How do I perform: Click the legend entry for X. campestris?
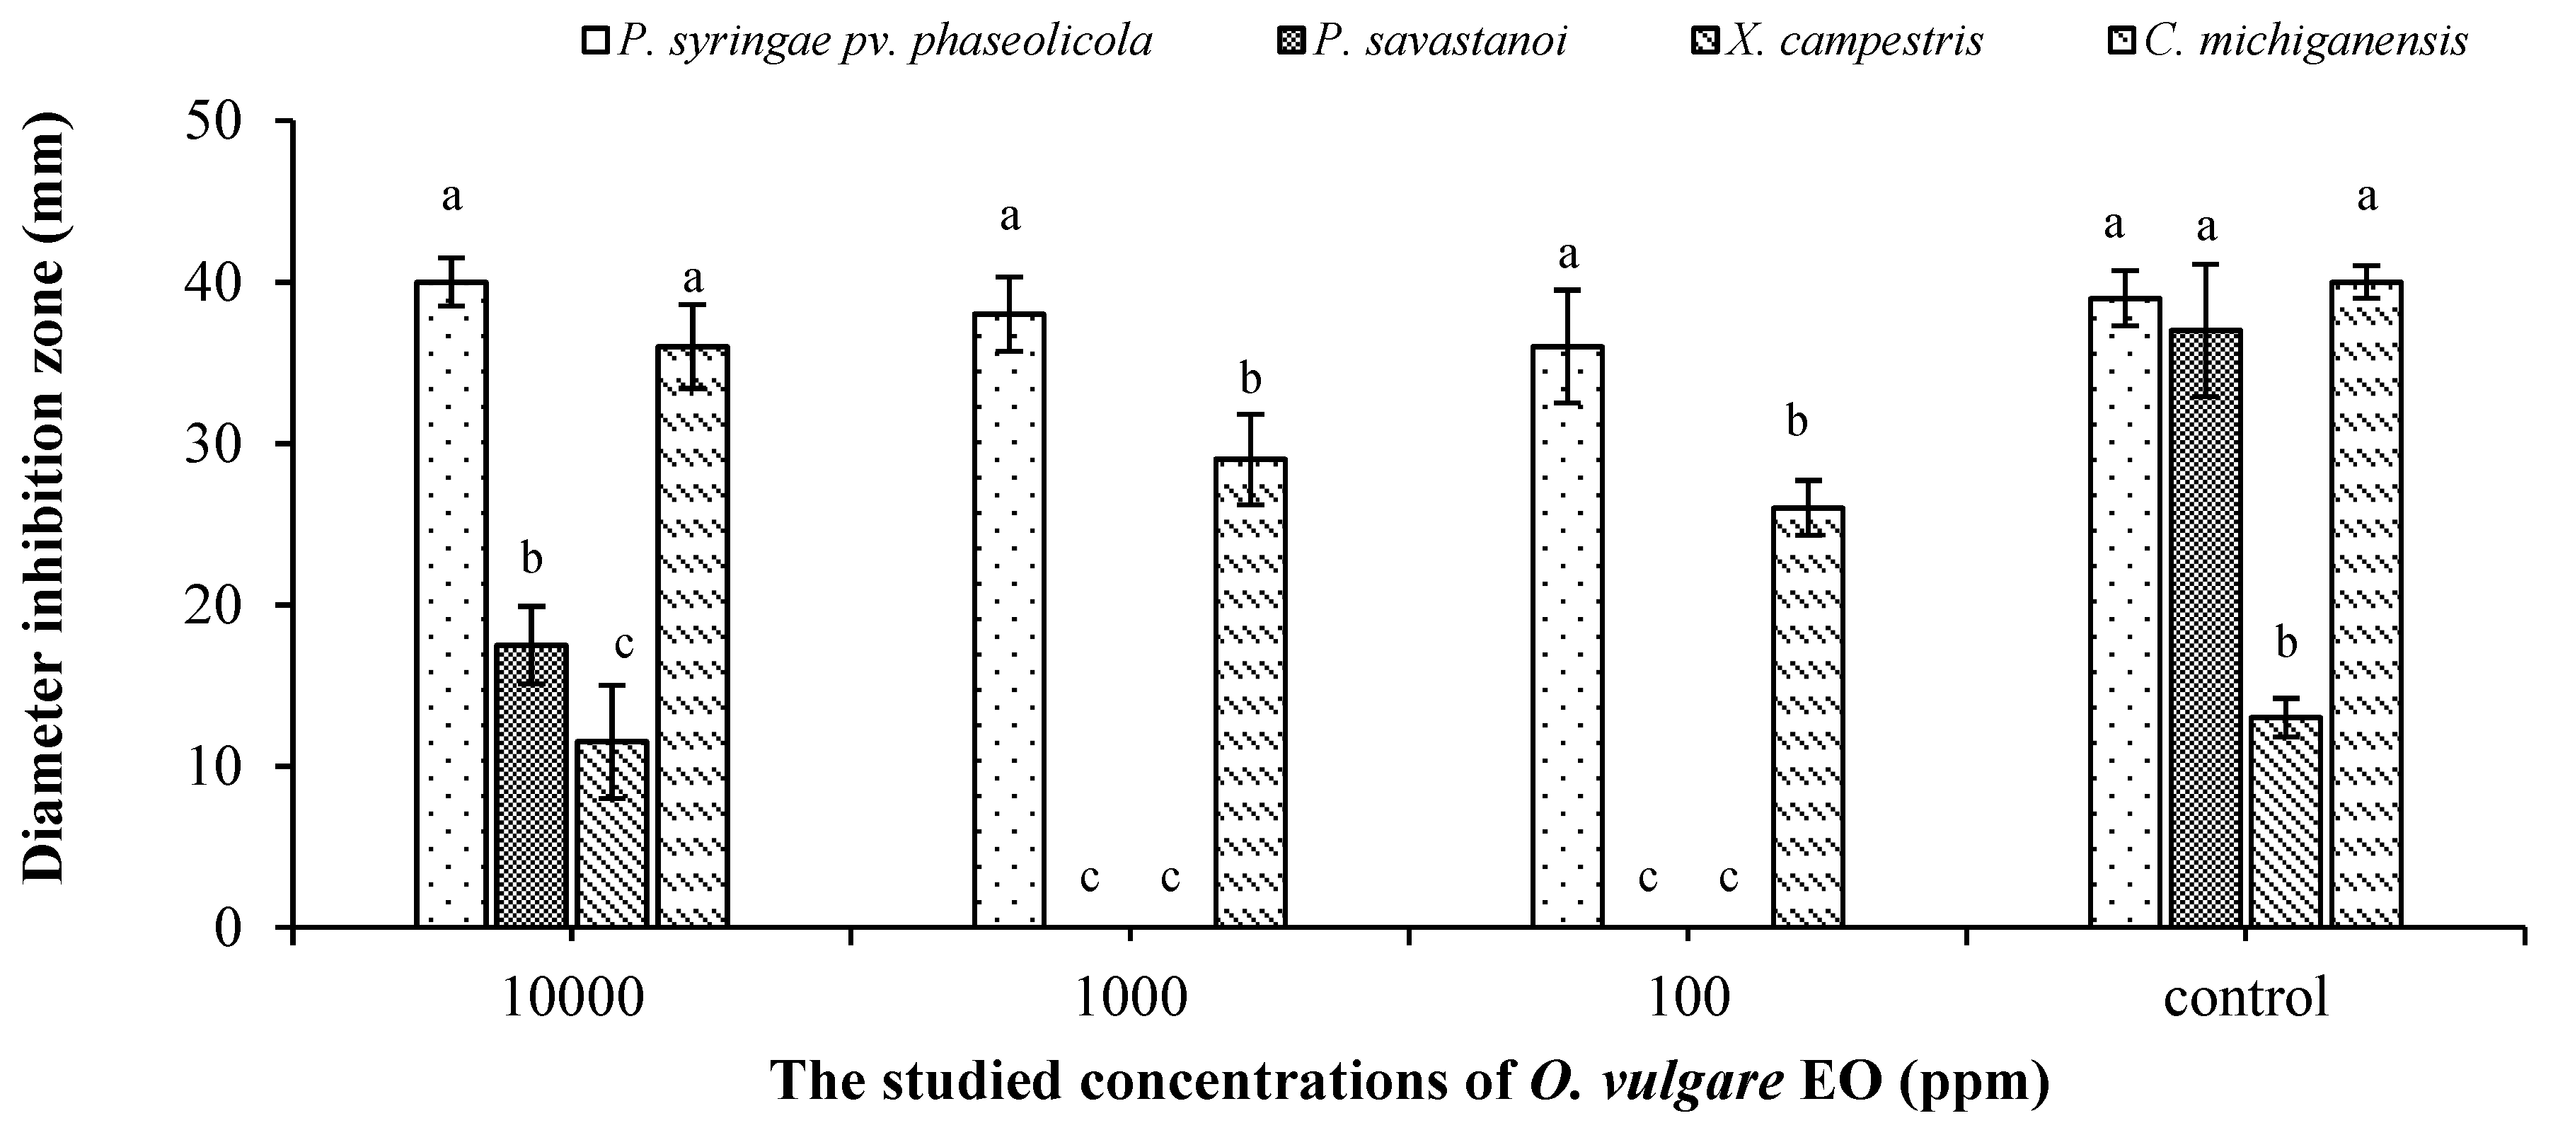(1853, 40)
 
